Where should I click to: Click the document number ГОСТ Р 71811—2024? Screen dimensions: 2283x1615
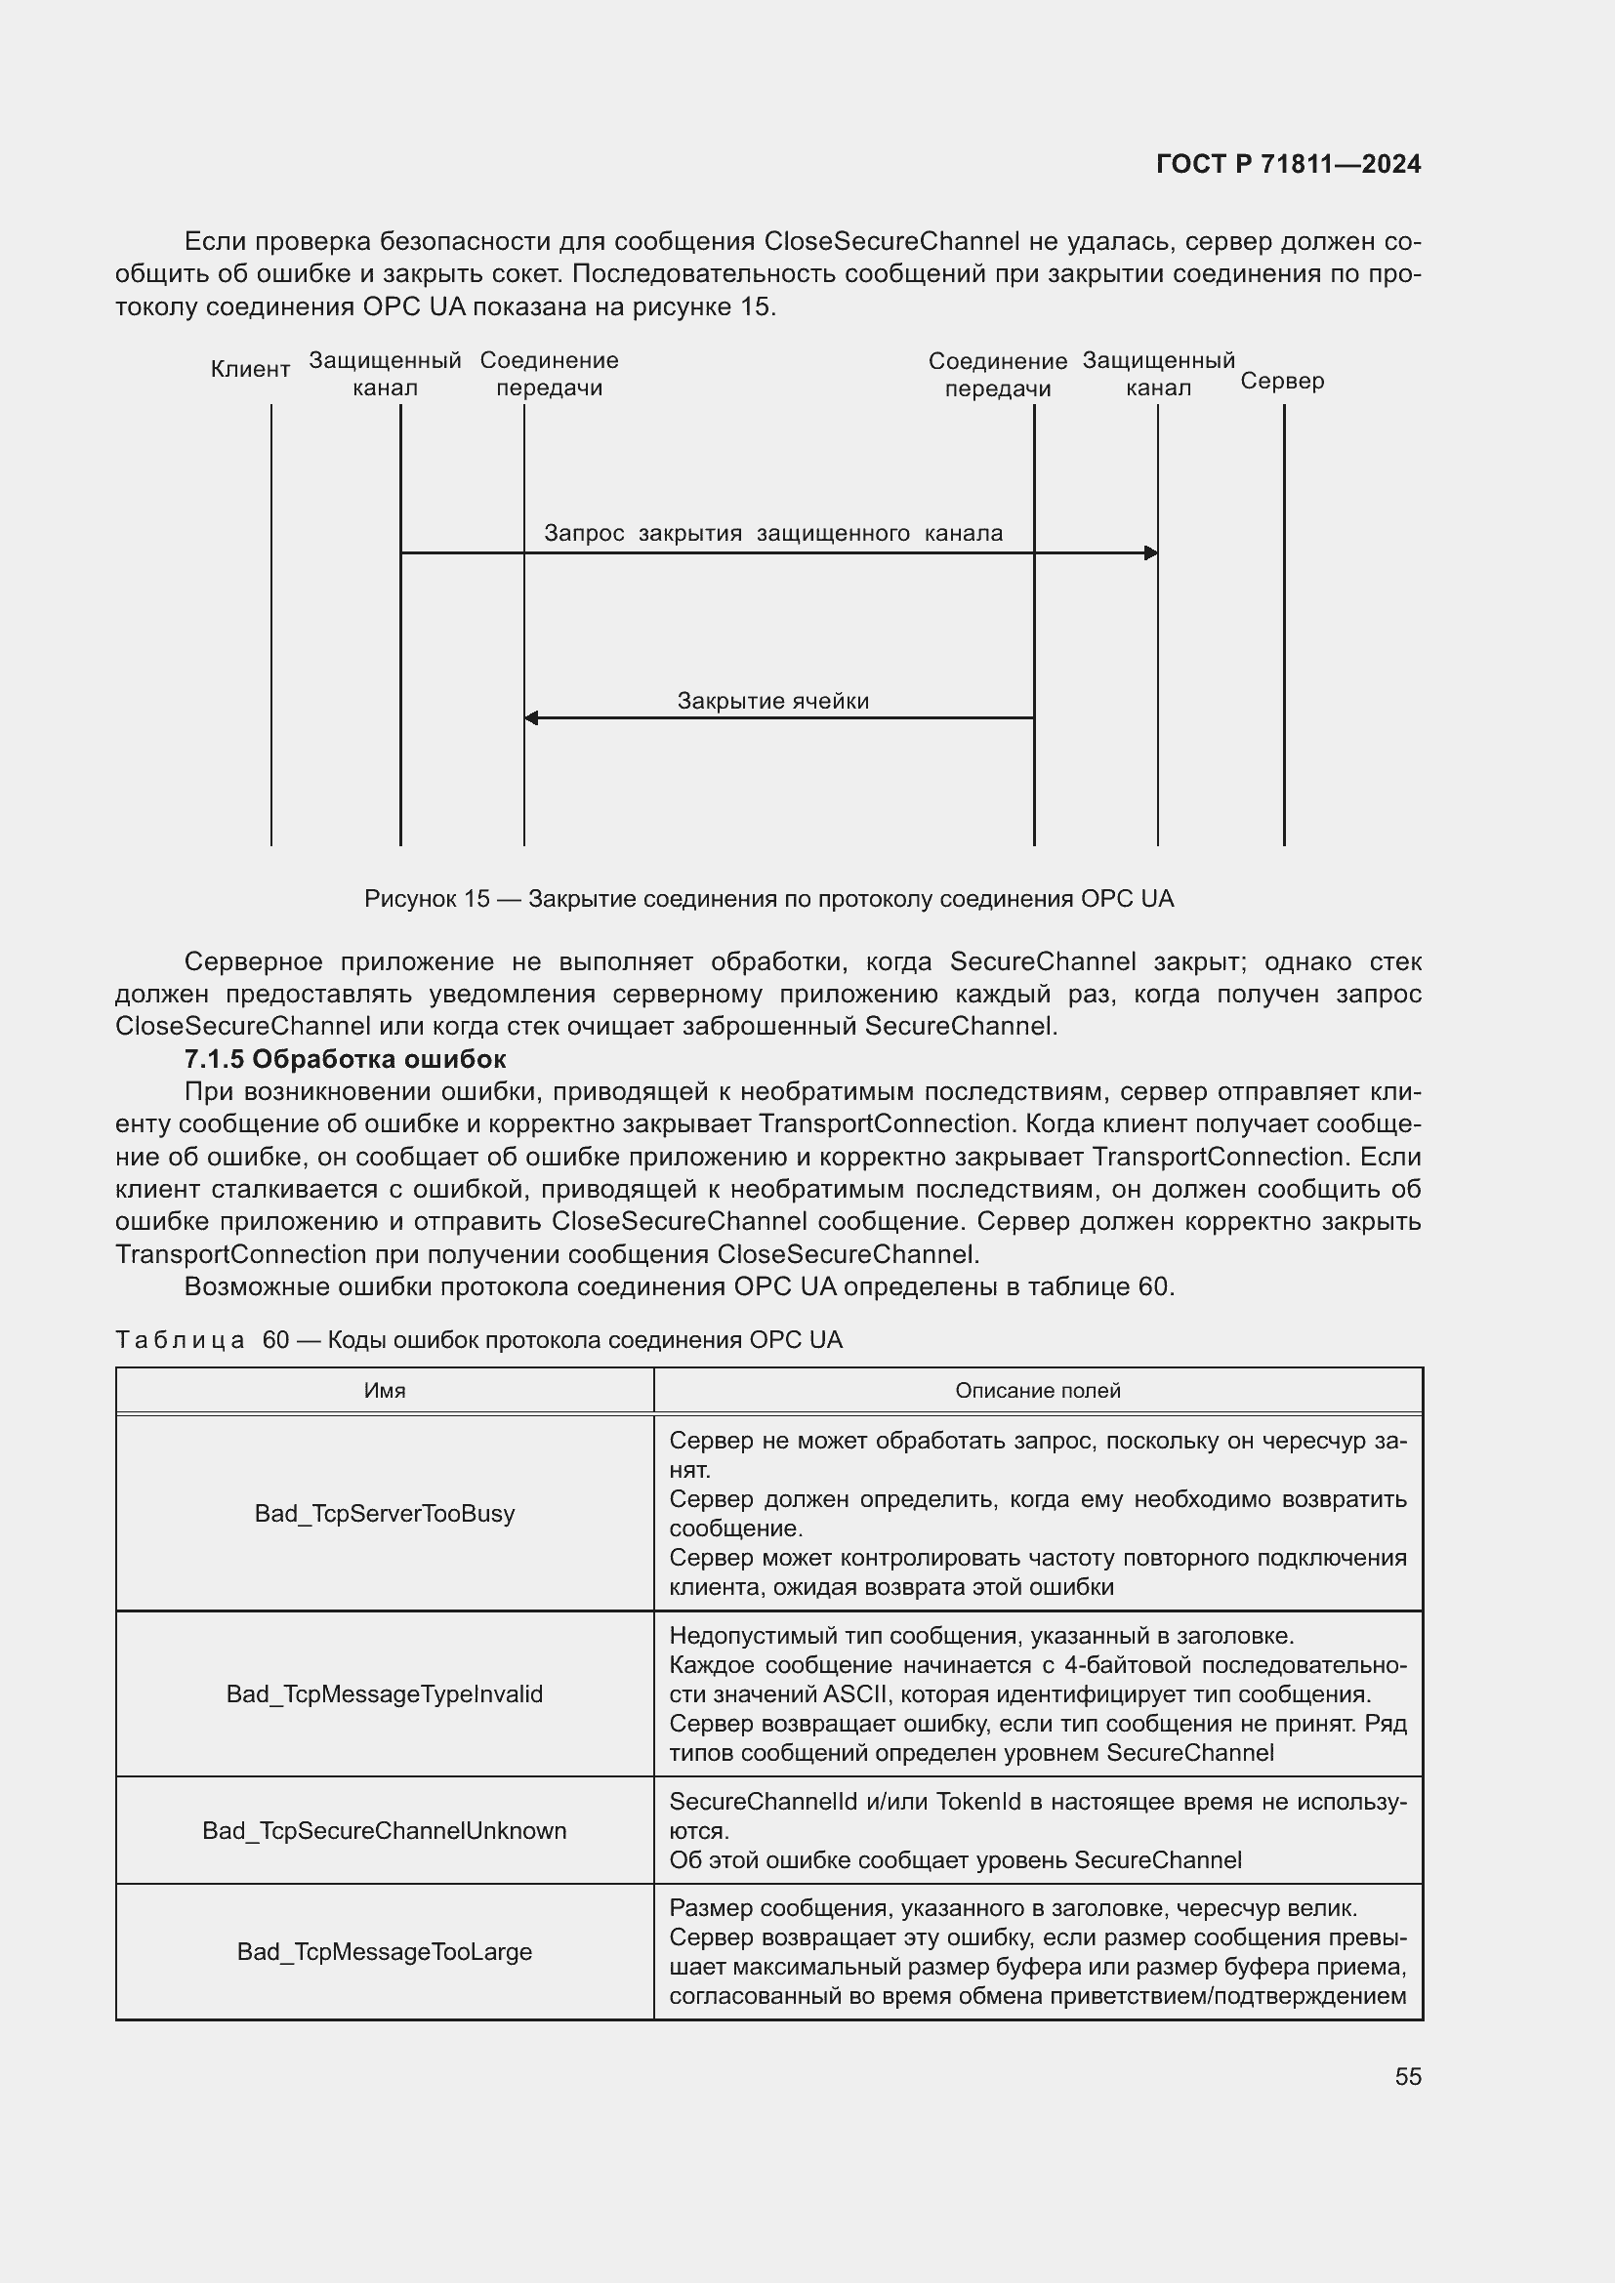coord(1288,164)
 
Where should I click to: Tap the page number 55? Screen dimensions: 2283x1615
coord(1407,2076)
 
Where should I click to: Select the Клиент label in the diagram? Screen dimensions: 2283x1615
coord(250,370)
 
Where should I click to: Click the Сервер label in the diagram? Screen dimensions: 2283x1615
coord(1282,381)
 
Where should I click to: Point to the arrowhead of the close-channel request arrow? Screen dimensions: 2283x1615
coord(1150,552)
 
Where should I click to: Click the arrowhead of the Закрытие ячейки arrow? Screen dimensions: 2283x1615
coord(531,718)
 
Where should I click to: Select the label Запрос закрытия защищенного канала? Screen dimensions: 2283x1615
coord(772,533)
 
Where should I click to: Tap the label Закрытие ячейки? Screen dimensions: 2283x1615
coord(772,701)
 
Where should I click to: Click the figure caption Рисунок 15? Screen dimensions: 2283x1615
coord(767,899)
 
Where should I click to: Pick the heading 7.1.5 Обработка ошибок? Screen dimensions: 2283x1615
coord(345,1059)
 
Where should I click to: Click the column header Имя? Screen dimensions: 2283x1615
coord(384,1390)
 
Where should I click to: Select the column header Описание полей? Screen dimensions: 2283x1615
coord(1037,1390)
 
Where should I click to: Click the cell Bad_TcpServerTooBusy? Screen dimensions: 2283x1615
coord(384,1514)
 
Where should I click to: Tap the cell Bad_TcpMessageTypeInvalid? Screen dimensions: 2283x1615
coord(384,1693)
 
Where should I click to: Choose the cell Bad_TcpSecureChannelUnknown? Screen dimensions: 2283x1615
coord(384,1830)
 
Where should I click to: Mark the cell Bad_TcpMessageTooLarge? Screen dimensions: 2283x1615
coord(384,1952)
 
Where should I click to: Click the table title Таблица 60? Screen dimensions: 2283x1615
coord(478,1339)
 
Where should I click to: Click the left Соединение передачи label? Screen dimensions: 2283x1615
coord(549,374)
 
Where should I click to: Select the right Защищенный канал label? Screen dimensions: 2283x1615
coord(1158,374)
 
